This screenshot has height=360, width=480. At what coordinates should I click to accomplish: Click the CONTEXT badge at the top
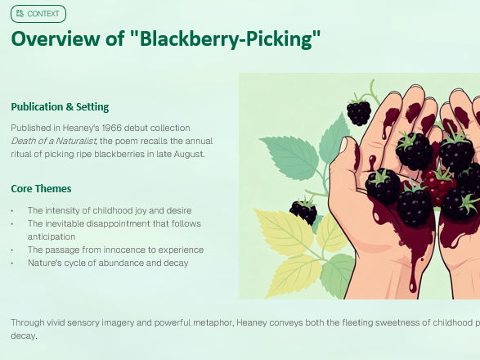click(x=38, y=14)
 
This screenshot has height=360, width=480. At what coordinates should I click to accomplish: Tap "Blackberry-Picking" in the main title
click(x=225, y=38)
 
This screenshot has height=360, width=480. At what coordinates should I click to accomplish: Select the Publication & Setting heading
click(x=60, y=106)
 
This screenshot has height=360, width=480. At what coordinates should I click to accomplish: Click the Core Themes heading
click(x=41, y=188)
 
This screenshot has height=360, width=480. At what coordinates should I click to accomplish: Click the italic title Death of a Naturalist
click(x=53, y=141)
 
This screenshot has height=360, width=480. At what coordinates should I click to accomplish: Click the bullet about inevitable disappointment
click(x=114, y=223)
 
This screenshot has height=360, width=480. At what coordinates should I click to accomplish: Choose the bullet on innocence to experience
click(x=115, y=250)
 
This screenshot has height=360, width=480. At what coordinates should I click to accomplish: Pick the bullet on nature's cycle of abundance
click(x=108, y=263)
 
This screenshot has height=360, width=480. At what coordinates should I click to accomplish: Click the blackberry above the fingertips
click(x=359, y=111)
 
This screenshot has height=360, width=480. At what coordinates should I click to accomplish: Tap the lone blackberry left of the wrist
click(x=303, y=212)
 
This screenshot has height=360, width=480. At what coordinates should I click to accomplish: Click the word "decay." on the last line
click(x=24, y=335)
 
